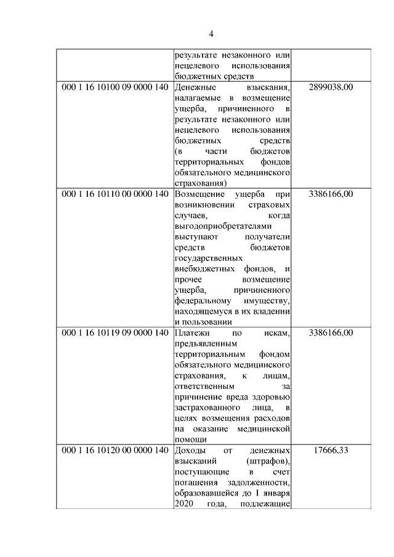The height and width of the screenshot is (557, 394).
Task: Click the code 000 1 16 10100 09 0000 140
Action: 115,87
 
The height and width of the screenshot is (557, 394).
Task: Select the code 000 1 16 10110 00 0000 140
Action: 115,194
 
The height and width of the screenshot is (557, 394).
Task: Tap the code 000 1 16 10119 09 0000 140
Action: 115,333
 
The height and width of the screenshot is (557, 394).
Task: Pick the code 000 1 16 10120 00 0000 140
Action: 115,451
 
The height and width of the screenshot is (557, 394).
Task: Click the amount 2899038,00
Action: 331,87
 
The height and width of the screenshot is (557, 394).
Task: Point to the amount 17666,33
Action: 331,451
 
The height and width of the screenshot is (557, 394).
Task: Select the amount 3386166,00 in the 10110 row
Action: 331,194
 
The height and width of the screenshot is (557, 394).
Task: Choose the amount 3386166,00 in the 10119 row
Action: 331,333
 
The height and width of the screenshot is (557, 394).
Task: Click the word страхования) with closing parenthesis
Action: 200,183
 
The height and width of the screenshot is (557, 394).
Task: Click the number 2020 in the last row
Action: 184,504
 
